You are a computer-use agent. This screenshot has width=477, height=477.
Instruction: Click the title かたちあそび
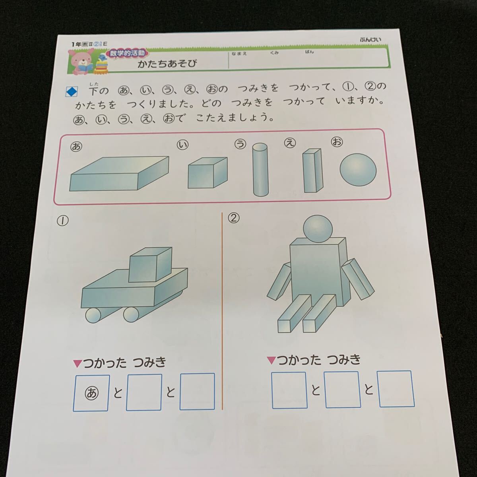[x=167, y=64]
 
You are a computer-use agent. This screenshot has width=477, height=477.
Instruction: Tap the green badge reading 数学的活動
[x=127, y=52]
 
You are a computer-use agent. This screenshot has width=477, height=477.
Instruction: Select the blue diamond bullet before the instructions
[x=72, y=92]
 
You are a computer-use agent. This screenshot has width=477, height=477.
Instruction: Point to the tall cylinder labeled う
[x=260, y=170]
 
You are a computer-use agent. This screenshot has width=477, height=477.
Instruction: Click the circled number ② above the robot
[x=234, y=217]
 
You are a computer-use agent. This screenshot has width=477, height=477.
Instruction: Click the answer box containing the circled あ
[x=91, y=393]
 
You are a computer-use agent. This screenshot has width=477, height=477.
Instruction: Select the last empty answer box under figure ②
[x=396, y=389]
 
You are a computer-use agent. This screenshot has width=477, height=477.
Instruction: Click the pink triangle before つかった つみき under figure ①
[x=78, y=363]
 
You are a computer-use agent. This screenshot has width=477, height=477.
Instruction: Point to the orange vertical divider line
[x=222, y=310]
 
